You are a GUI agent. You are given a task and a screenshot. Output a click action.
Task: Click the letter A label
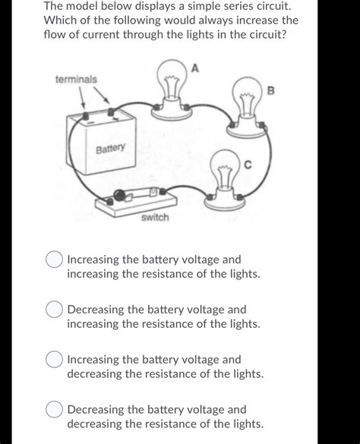click(x=195, y=69)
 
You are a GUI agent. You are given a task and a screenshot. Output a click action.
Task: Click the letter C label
click(x=247, y=164)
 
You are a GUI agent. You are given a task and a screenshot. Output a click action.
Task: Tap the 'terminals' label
click(x=76, y=79)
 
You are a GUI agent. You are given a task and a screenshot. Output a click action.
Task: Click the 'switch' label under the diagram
click(x=155, y=218)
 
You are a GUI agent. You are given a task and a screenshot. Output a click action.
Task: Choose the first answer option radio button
click(x=54, y=260)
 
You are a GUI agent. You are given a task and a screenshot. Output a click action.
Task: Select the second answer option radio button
click(x=54, y=310)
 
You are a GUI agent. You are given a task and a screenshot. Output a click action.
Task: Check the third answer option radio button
click(x=54, y=360)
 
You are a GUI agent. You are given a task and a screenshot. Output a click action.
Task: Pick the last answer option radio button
click(x=54, y=410)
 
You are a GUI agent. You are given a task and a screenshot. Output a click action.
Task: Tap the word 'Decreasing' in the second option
click(x=99, y=310)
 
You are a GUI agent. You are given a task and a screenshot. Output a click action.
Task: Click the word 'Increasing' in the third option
click(x=97, y=360)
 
